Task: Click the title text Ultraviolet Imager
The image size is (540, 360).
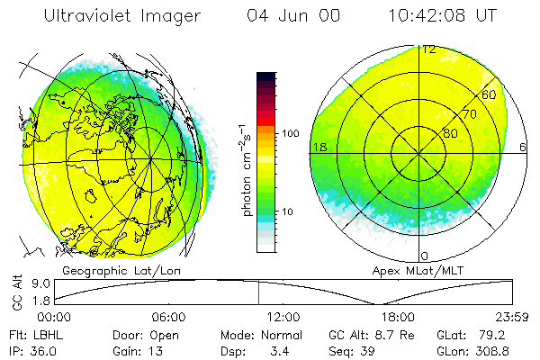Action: pos(123,15)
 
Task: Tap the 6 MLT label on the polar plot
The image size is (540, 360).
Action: pos(524,147)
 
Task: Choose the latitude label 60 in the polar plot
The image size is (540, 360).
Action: pos(490,94)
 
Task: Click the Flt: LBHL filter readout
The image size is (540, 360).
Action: pos(31,333)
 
